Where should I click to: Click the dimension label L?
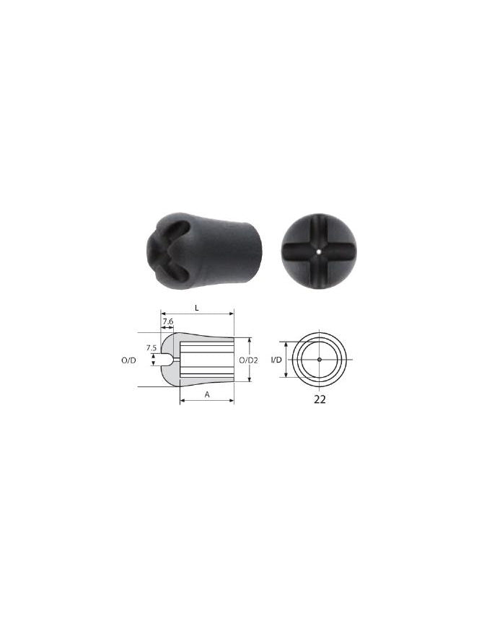[x=197, y=308]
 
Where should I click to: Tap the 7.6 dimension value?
[x=168, y=321]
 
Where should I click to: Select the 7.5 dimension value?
[x=151, y=348]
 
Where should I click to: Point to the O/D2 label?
[x=248, y=360]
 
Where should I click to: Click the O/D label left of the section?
[x=129, y=360]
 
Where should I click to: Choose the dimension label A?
[x=207, y=394]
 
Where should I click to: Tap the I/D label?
[x=276, y=360]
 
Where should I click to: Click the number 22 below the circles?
[x=320, y=399]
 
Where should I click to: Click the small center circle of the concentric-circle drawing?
[x=320, y=359]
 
